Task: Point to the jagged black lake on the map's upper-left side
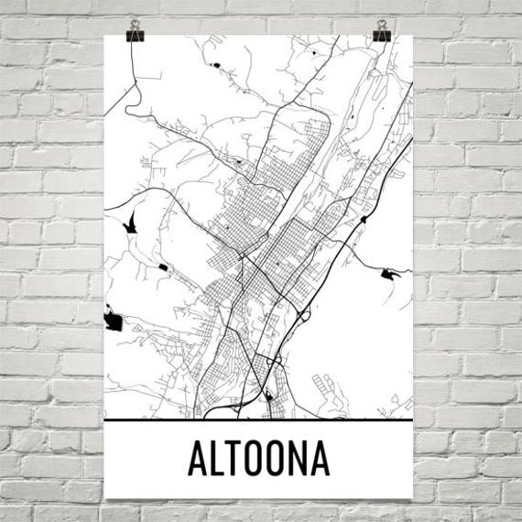130,221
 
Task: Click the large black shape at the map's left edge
114,321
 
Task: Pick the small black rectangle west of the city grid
163,266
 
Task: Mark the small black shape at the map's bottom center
268,397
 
